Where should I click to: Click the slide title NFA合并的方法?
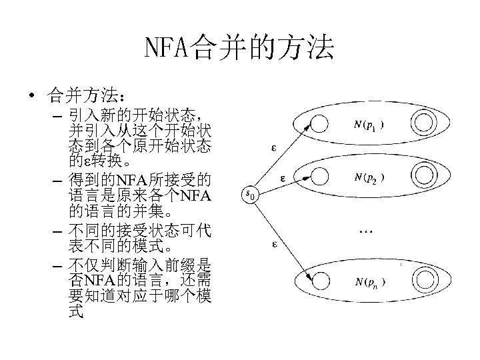pyautogui.click(x=239, y=48)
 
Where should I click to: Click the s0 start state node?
pyautogui.click(x=250, y=195)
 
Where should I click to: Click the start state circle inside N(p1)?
pyautogui.click(x=319, y=124)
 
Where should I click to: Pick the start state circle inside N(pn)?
pyautogui.click(x=319, y=281)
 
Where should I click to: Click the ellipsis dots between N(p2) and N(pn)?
pyautogui.click(x=365, y=231)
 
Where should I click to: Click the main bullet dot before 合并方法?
pyautogui.click(x=32, y=95)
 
